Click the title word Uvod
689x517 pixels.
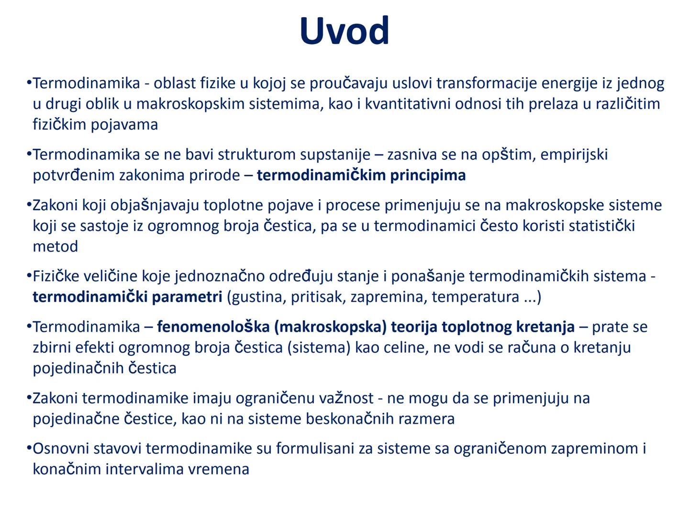(x=344, y=31)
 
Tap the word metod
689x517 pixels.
(x=56, y=247)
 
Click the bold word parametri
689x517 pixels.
(x=191, y=297)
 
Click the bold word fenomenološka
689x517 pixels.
(x=213, y=327)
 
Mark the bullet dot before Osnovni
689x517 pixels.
(x=29, y=449)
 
